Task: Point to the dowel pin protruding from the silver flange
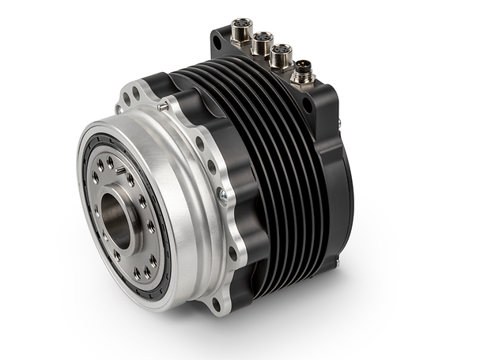point(162,105)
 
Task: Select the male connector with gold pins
point(302,76)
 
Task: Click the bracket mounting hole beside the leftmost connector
point(217,43)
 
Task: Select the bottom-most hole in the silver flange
point(216,303)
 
